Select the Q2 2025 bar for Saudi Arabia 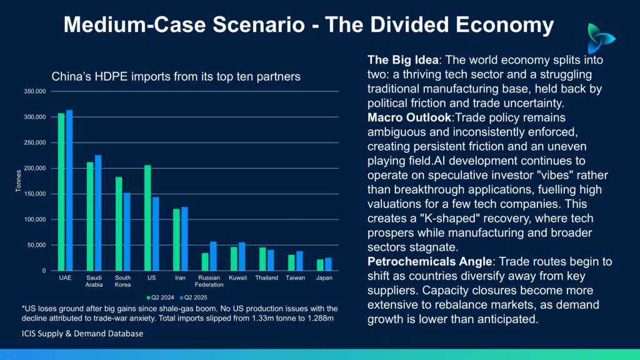click(x=97, y=212)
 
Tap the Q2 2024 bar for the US click(x=147, y=218)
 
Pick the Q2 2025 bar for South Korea click(x=126, y=232)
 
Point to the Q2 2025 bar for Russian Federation click(x=213, y=256)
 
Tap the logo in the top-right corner click(x=601, y=39)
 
